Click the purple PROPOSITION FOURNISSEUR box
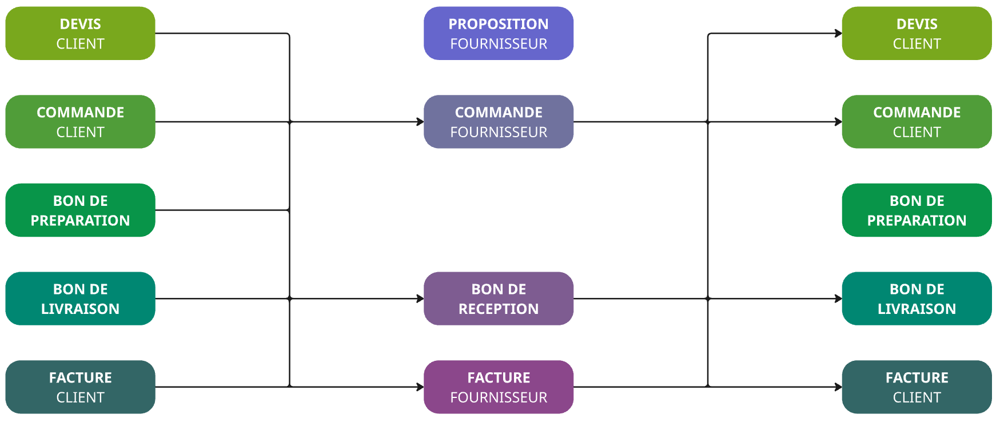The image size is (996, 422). coord(498,33)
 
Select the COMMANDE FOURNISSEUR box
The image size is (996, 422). coord(498,122)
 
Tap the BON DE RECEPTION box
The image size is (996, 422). coord(498,298)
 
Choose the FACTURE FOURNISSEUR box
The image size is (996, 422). coord(498,387)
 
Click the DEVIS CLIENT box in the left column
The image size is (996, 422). coord(80,33)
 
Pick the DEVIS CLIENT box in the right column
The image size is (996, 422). coord(917,33)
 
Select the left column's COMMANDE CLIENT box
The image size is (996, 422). coord(80,122)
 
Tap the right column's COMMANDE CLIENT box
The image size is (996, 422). coord(917,122)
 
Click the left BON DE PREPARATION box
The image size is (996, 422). coord(80,210)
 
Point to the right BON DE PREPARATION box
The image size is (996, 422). coord(917,210)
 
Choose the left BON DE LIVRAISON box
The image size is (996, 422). coord(80,298)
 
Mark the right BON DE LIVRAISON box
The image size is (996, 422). coord(917,298)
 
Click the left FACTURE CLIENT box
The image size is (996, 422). coord(80,387)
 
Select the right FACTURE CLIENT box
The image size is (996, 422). coord(917,387)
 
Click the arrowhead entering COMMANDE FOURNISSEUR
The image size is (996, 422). coord(420,122)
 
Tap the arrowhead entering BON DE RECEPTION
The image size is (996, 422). coord(420,298)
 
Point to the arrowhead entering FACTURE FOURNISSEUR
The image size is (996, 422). coord(420,387)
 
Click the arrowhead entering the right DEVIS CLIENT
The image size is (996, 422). coord(839,33)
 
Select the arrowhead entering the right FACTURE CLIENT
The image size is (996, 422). coord(839,387)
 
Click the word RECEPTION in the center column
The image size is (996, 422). coord(498,309)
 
